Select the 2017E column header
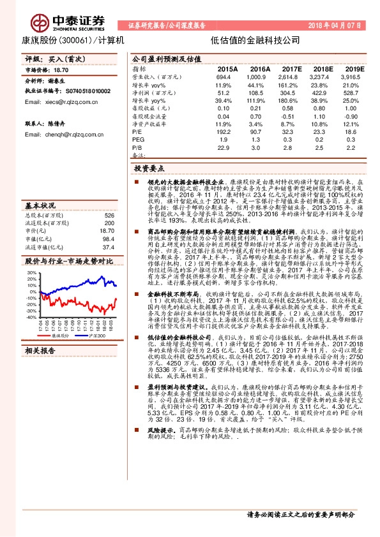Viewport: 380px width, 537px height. (x=291, y=68)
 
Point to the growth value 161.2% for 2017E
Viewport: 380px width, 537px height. (x=292, y=85)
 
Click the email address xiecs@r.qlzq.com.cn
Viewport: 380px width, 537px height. (x=56, y=102)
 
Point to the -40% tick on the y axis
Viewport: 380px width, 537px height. (x=31, y=316)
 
